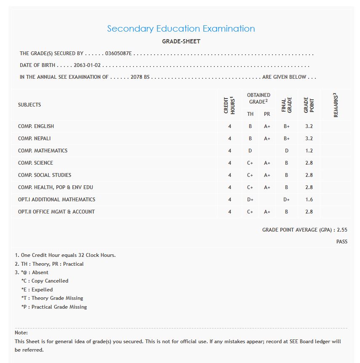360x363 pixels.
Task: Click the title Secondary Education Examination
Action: click(181, 29)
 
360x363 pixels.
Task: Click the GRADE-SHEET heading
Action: click(181, 41)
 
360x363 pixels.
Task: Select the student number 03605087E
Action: click(118, 53)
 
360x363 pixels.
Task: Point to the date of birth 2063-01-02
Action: click(88, 66)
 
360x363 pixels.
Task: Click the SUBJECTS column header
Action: click(29, 105)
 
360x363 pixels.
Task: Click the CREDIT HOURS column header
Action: click(229, 105)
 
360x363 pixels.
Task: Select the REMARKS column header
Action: click(336, 105)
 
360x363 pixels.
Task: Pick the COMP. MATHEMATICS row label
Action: click(43, 151)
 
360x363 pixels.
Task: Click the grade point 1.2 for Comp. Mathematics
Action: click(309, 151)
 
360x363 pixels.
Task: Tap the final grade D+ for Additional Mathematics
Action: click(286, 200)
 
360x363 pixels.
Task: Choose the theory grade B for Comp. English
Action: click(250, 126)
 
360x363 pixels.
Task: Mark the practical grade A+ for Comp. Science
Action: click(267, 163)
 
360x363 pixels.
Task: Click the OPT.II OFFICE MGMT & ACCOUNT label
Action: click(56, 212)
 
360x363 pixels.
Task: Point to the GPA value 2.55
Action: click(342, 230)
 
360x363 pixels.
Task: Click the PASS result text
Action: click(342, 242)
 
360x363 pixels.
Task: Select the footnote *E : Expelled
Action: click(37, 290)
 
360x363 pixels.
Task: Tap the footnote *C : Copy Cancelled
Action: click(45, 281)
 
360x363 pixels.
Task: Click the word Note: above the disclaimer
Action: click(21, 333)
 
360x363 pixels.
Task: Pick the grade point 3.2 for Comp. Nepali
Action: click(309, 139)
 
